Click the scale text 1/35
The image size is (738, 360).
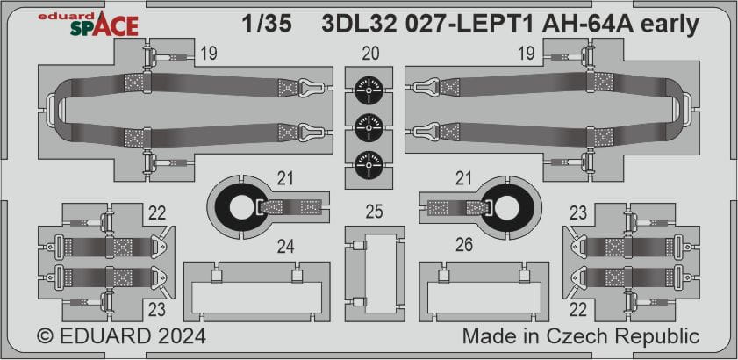(267, 25)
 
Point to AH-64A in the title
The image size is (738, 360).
(585, 25)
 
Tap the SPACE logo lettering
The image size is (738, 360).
(104, 26)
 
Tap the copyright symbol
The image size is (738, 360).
(45, 337)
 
